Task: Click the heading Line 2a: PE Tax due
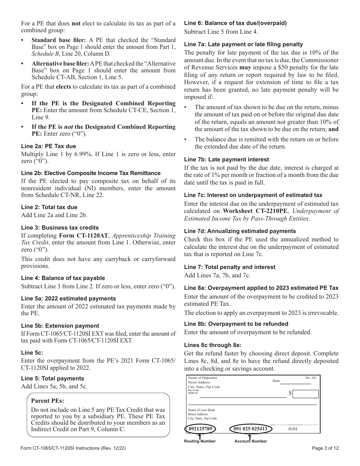coord(49,146)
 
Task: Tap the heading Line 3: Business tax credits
coord(60,228)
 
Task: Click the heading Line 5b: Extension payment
coord(60,326)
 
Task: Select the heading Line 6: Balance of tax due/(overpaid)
coord(235,23)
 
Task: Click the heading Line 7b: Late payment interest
coord(227,160)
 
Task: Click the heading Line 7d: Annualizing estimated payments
coord(240,231)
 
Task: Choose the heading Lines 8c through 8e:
coord(213,345)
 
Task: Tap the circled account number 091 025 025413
coord(250,429)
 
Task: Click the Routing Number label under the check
coord(200,441)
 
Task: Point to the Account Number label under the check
coord(250,441)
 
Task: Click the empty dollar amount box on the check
coord(306,394)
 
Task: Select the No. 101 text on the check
coord(310,378)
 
